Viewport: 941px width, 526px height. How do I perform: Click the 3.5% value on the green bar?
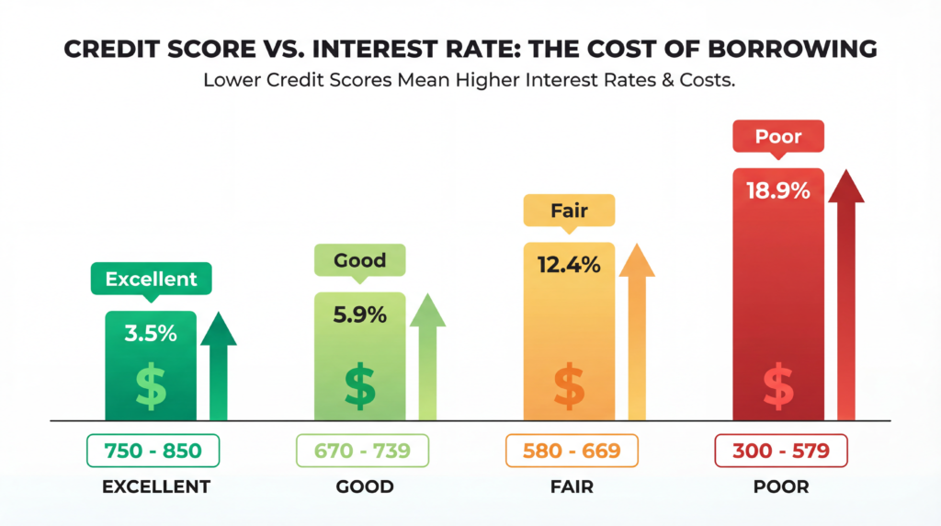(x=151, y=333)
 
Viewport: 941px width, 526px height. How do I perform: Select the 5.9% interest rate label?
(x=359, y=314)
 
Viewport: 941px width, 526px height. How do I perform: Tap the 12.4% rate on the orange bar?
(x=568, y=266)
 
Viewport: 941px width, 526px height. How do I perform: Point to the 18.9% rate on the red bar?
(x=777, y=191)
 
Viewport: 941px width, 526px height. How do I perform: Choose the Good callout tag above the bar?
(x=359, y=260)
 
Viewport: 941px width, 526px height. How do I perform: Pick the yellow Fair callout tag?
(x=569, y=212)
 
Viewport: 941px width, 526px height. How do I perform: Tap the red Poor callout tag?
(x=778, y=137)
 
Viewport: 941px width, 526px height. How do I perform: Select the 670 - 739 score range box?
(x=361, y=451)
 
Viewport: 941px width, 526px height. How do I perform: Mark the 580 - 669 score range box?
(x=571, y=451)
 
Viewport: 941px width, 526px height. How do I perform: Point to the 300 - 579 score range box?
(x=780, y=451)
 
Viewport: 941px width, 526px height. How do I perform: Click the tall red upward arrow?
(x=845, y=294)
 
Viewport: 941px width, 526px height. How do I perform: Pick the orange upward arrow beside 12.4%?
(x=636, y=331)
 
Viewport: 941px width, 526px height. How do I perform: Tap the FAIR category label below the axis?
(x=570, y=486)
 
